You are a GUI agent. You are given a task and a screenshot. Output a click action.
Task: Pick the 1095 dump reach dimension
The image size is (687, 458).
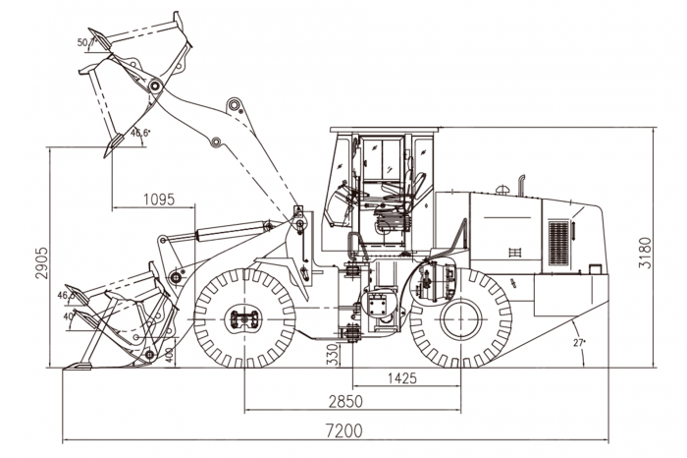(x=158, y=199)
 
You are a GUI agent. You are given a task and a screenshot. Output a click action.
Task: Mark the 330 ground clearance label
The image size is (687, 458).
(x=331, y=351)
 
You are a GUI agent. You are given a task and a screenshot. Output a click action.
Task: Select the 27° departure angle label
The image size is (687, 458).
(x=582, y=342)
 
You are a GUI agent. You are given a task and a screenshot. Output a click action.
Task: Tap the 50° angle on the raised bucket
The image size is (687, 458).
(x=83, y=42)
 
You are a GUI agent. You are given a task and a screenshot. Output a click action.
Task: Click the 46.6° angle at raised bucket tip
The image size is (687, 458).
(x=140, y=133)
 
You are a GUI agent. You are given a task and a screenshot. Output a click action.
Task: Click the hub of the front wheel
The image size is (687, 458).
(x=243, y=319)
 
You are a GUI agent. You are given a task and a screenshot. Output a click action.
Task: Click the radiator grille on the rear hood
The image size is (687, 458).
(x=558, y=243)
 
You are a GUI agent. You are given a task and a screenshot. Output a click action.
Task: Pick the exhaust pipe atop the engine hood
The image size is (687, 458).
(x=522, y=184)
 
